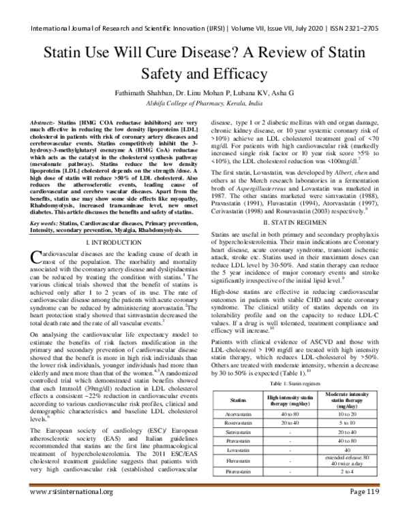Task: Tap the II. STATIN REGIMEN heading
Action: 301,204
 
